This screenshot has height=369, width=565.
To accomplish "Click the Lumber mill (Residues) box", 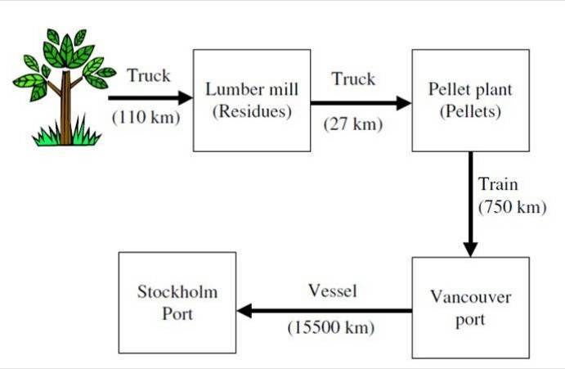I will (251, 100).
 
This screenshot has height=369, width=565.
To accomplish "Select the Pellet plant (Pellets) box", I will (470, 100).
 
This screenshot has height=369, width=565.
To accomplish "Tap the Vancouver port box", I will (470, 308).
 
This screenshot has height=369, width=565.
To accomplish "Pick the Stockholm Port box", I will (177, 302).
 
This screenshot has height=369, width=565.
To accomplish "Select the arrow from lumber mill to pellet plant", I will (360, 103).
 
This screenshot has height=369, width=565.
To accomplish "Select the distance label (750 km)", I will (512, 206).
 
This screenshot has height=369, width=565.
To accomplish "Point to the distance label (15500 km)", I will (330, 328).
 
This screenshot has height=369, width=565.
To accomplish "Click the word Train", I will (498, 184).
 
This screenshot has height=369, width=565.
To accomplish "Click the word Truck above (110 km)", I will (149, 76).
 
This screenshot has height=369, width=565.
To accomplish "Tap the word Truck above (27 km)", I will (353, 79).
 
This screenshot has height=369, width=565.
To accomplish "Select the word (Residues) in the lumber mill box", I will (251, 110).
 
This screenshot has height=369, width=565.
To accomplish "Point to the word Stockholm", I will (177, 292).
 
